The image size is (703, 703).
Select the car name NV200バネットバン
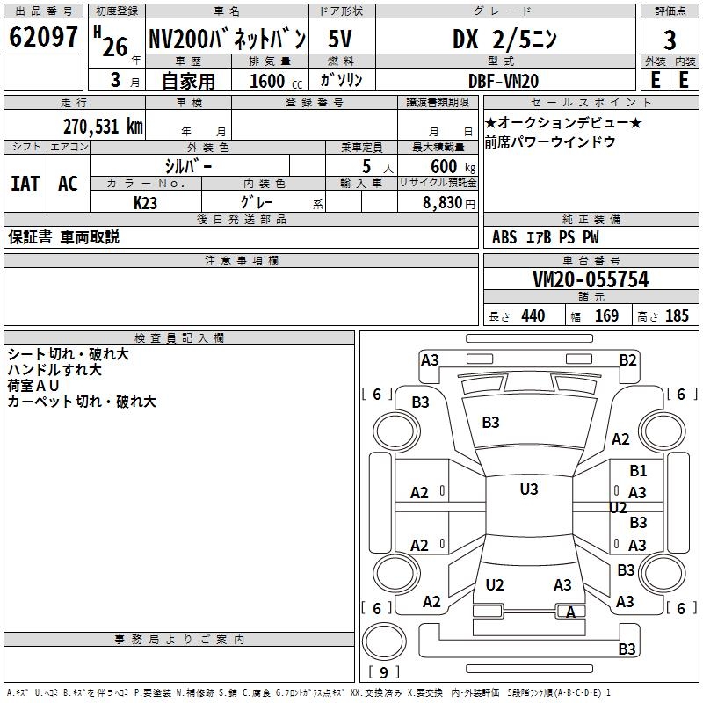tap(227, 39)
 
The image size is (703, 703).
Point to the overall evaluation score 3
tap(670, 40)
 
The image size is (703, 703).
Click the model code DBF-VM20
tap(504, 81)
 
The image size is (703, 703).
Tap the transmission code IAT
tap(25, 184)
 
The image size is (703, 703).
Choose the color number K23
tap(146, 202)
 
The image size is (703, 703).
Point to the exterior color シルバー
tap(188, 165)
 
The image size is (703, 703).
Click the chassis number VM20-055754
tap(591, 279)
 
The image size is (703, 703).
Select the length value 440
tap(533, 316)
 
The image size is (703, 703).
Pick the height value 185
tap(677, 316)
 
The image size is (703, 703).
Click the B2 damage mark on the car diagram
tap(627, 359)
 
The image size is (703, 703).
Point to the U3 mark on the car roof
tap(528, 489)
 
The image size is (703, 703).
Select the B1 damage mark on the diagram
tap(638, 471)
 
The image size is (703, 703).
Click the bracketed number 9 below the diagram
tap(382, 673)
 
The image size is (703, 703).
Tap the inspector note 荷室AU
tap(33, 386)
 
